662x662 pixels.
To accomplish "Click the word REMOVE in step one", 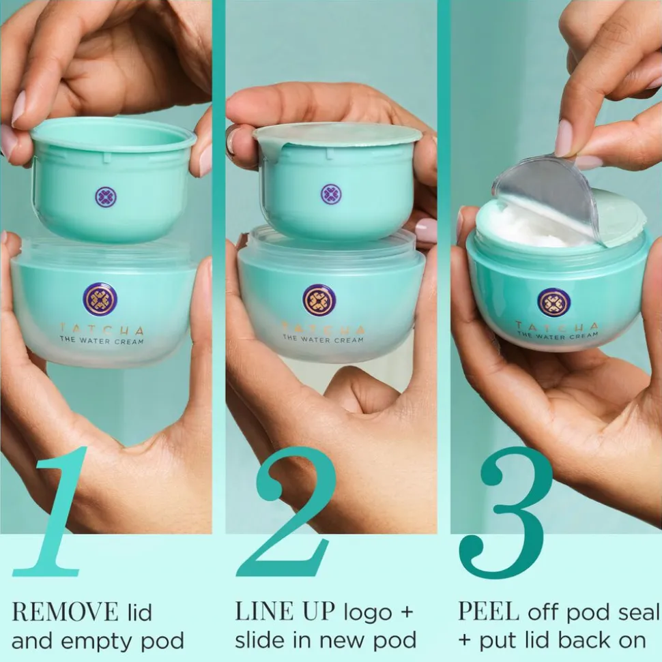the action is (x=65, y=612).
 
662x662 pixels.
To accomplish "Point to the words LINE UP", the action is (x=285, y=611).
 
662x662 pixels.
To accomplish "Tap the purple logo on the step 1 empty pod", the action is (x=106, y=197).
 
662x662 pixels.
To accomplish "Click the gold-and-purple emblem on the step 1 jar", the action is (x=100, y=299).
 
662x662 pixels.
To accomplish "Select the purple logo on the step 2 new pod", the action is (x=332, y=194).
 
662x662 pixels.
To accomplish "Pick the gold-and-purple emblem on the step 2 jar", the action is (x=319, y=300).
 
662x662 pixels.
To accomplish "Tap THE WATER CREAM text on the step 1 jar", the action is (x=102, y=340).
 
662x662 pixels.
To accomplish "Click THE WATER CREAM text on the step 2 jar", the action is (x=323, y=338).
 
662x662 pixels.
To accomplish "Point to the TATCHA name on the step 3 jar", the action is (x=557, y=327).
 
